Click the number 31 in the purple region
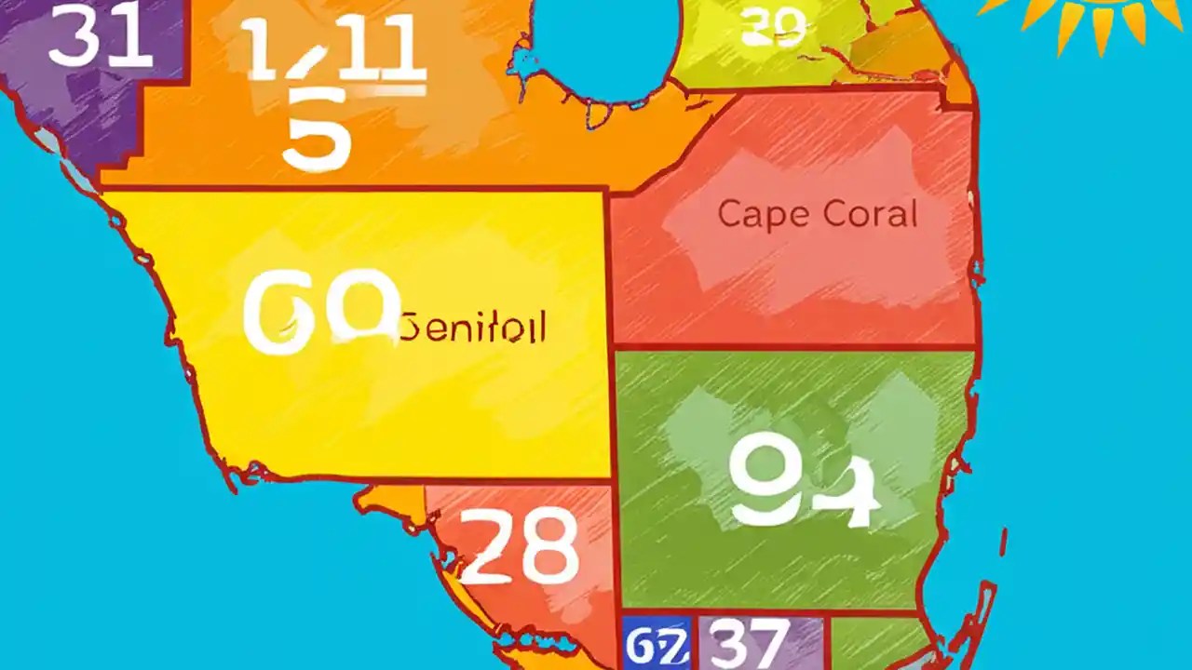(101, 38)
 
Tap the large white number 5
(317, 133)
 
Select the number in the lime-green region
(772, 29)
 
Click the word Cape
(756, 215)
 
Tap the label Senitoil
(473, 328)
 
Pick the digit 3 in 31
(72, 38)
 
